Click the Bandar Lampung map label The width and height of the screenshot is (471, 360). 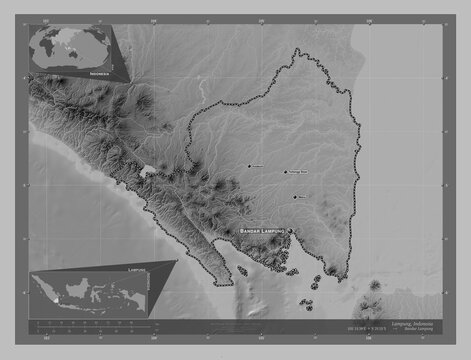[x=261, y=231]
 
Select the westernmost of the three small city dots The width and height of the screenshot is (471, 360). [x=249, y=166]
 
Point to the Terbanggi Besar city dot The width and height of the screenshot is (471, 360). [x=285, y=171]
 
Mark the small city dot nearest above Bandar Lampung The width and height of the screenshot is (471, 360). [x=294, y=196]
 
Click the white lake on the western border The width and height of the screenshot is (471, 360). [x=149, y=172]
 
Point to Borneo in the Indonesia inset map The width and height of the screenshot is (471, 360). [x=78, y=286]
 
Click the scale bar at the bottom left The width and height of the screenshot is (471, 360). [x=90, y=323]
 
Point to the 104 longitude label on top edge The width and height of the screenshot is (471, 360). [x=153, y=18]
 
